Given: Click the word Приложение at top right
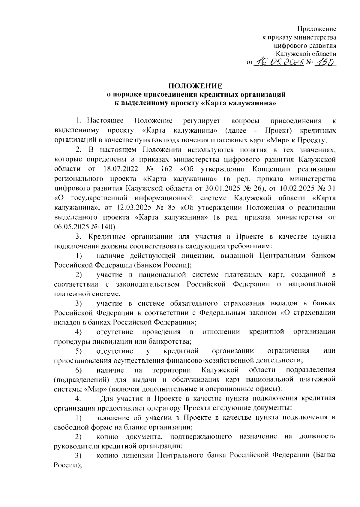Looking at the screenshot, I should (x=316, y=29).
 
